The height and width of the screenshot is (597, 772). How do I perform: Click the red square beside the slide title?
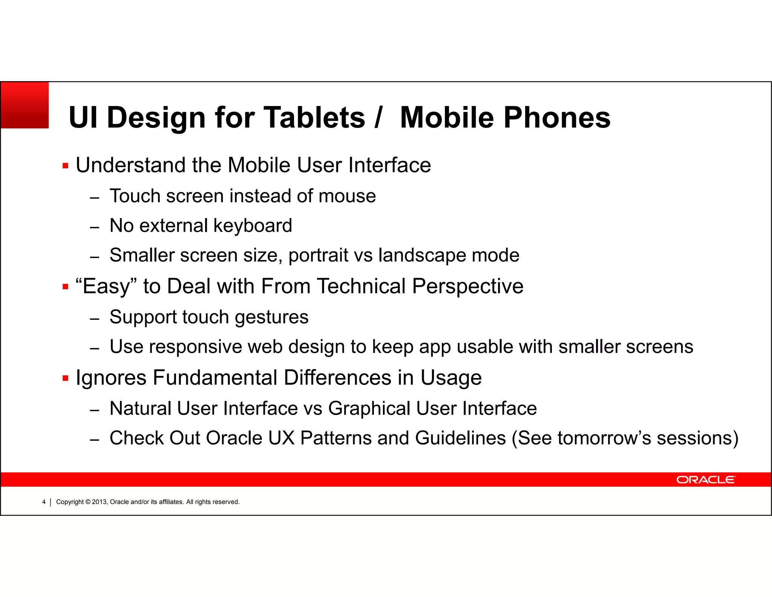[25, 105]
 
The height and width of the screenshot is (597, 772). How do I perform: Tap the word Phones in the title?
[557, 117]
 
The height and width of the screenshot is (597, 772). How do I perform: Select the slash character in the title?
[378, 117]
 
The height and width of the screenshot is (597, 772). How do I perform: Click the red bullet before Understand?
[66, 166]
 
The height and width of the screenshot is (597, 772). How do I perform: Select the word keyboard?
[253, 226]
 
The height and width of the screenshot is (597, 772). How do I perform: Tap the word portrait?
[318, 255]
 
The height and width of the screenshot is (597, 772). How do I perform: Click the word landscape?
[422, 255]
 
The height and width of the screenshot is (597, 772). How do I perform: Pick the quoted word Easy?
[106, 286]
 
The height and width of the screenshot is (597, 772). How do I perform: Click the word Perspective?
[467, 286]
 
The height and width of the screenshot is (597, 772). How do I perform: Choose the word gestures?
[271, 317]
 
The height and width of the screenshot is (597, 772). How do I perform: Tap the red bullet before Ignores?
[66, 378]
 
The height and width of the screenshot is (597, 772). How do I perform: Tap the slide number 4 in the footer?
[44, 502]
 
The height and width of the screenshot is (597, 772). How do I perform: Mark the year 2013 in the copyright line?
[100, 502]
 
